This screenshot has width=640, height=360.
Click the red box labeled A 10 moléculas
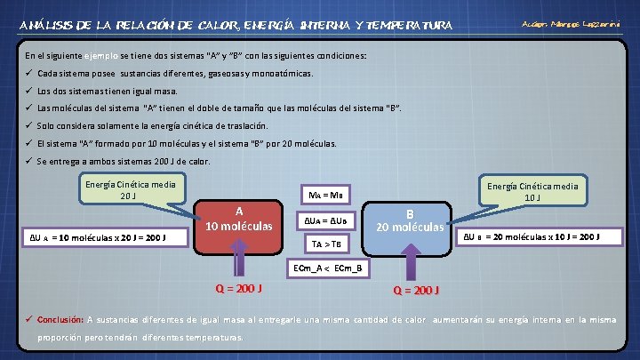pos(238,220)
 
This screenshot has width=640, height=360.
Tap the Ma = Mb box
pos(326,195)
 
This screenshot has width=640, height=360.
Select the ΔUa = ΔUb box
pos(326,219)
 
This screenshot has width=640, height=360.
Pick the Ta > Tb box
pos(326,243)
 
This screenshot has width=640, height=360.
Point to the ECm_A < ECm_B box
pos(326,267)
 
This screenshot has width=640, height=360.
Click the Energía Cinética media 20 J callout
pos(129,190)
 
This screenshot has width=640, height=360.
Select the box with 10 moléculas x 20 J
pos(105,238)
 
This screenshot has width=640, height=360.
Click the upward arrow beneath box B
pos(410,262)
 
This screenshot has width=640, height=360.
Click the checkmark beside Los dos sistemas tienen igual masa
pos(29,91)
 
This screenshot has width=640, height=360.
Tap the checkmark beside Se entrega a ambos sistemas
pos(29,161)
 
